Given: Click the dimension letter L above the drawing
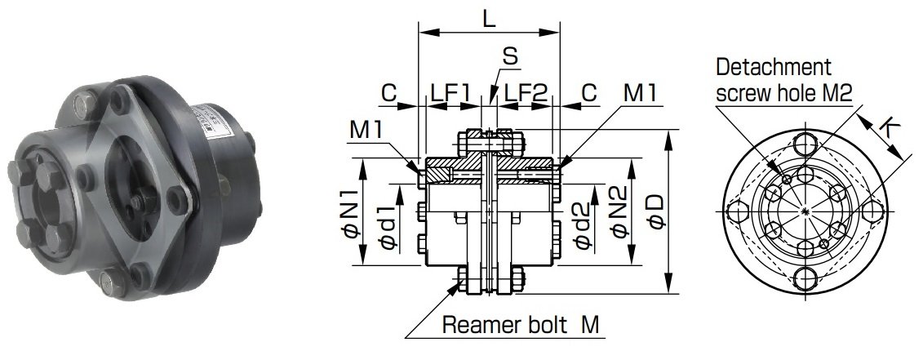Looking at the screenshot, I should point(488,19).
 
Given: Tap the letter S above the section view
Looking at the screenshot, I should point(509,57).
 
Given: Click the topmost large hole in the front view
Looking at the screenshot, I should point(806,144).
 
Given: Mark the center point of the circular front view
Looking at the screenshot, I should point(806,212).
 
